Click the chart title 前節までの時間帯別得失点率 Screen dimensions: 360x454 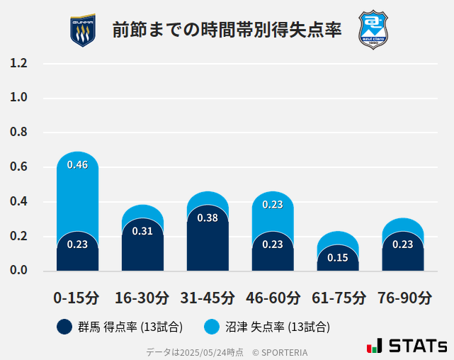coord(227,30)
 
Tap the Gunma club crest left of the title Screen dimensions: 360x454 coord(83,30)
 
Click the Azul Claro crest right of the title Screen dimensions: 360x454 coord(373,29)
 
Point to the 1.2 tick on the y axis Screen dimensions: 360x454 coord(19,64)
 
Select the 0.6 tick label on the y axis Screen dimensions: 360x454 coord(19,167)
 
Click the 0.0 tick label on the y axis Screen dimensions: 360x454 coord(19,271)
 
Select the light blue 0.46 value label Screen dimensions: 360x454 coord(77,165)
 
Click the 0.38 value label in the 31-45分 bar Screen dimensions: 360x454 coord(208,218)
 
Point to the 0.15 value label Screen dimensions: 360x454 coord(338,257)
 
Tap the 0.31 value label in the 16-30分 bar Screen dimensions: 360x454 coord(142,231)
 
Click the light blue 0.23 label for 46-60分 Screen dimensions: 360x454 coord(273,205)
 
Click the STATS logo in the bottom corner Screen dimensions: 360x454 coord(407,346)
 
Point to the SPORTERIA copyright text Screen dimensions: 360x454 coord(280,351)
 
